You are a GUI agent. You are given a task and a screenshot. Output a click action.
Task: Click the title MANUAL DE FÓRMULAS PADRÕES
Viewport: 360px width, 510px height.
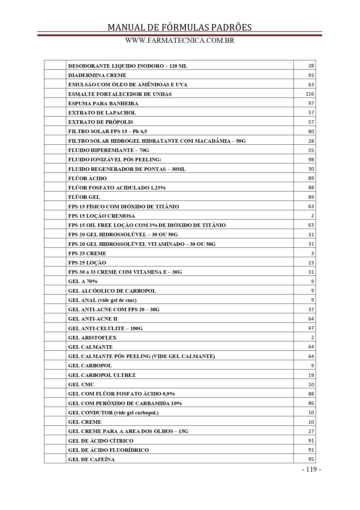click(x=179, y=27)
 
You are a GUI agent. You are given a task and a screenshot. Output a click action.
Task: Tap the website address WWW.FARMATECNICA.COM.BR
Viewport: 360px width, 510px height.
click(x=180, y=41)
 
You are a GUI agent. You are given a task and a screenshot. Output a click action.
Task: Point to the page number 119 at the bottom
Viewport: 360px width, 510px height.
click(x=311, y=469)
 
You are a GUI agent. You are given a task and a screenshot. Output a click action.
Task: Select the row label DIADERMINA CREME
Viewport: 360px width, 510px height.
click(x=97, y=75)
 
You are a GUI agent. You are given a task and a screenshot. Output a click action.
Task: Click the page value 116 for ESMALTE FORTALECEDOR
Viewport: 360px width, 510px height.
click(x=310, y=94)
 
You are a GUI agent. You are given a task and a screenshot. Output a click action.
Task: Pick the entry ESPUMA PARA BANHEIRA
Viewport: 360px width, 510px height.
click(x=103, y=103)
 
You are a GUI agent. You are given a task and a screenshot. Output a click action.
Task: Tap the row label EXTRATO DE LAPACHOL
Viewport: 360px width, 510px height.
click(x=102, y=113)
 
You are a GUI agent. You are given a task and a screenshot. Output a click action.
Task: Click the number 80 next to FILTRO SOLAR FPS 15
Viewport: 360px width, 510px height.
click(x=311, y=131)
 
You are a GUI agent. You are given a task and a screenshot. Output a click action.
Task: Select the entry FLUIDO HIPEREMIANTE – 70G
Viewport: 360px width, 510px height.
click(x=109, y=150)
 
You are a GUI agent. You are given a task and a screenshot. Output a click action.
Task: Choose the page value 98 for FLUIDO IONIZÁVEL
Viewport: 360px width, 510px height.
click(x=311, y=160)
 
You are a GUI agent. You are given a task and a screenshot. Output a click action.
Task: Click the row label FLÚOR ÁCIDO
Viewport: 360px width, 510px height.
click(x=87, y=178)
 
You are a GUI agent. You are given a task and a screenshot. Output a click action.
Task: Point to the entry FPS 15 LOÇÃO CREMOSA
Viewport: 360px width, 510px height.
click(x=102, y=216)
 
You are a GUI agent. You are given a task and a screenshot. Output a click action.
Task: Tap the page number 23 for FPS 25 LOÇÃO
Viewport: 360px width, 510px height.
click(x=311, y=263)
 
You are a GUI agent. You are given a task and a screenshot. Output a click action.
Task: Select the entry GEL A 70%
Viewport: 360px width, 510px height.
click(x=83, y=281)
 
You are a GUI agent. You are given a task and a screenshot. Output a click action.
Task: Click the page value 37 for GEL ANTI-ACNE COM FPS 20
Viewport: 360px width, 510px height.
click(x=311, y=309)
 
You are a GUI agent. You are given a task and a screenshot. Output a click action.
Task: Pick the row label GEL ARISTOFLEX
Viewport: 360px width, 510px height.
click(x=92, y=338)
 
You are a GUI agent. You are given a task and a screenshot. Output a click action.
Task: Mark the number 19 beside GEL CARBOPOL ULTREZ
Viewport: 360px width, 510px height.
click(x=311, y=375)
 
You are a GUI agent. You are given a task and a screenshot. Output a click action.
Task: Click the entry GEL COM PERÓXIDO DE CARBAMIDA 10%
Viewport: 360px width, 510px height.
click(x=125, y=403)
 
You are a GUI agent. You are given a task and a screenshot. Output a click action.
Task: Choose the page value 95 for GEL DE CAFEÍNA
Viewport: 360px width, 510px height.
click(x=311, y=459)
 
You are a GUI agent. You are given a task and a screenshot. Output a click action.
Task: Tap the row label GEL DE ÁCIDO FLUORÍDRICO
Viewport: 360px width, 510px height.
click(x=108, y=450)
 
